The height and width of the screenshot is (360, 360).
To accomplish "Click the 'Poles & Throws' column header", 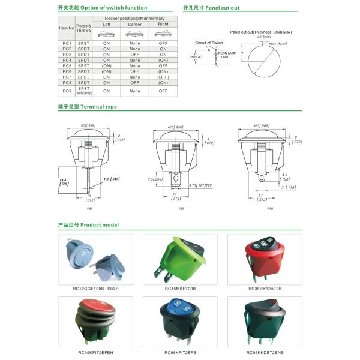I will [85, 28].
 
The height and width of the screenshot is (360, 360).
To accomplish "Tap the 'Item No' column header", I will [67, 28].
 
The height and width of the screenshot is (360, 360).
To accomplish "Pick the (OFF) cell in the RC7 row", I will [163, 77].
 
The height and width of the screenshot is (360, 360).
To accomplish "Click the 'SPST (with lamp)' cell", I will [85, 91].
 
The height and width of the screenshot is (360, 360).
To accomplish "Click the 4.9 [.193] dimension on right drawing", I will [284, 177].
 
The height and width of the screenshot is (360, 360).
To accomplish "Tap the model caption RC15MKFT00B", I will [180, 289].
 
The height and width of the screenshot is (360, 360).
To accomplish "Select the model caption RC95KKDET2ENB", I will [265, 352].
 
